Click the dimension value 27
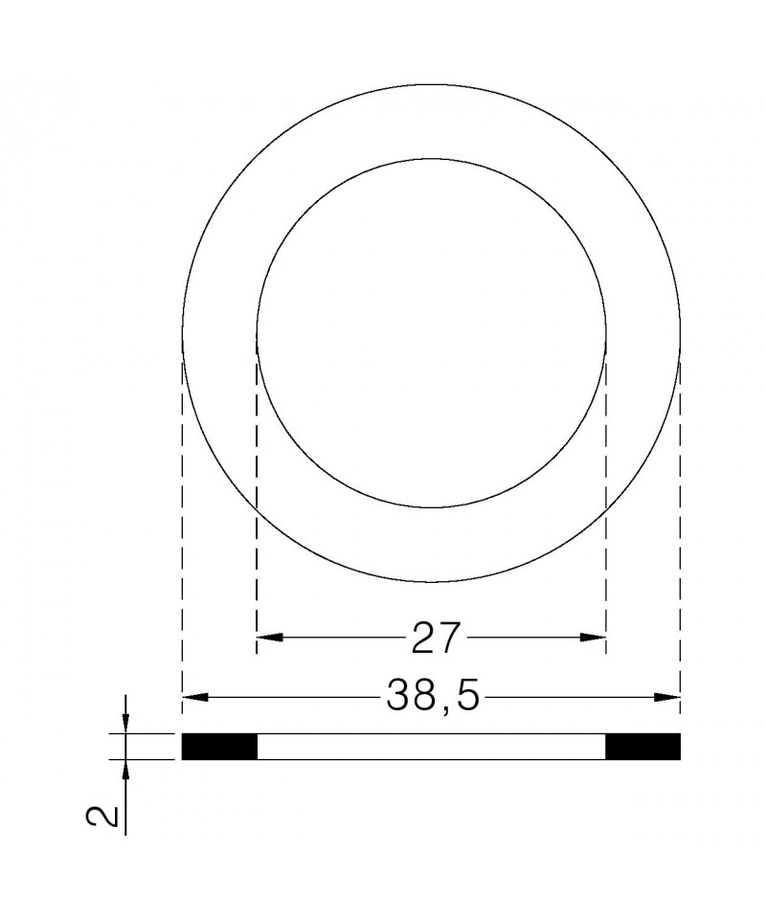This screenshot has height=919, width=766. click(x=434, y=638)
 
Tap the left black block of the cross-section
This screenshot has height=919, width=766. click(x=220, y=747)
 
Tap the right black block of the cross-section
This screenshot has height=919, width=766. click(x=642, y=747)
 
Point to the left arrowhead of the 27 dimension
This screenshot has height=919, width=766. click(x=270, y=638)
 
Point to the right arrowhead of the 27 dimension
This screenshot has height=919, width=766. click(x=592, y=638)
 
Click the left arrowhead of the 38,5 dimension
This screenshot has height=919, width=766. click(x=195, y=697)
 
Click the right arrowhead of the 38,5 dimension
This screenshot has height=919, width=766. click(x=667, y=697)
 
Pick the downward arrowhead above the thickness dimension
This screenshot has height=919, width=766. click(x=126, y=721)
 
